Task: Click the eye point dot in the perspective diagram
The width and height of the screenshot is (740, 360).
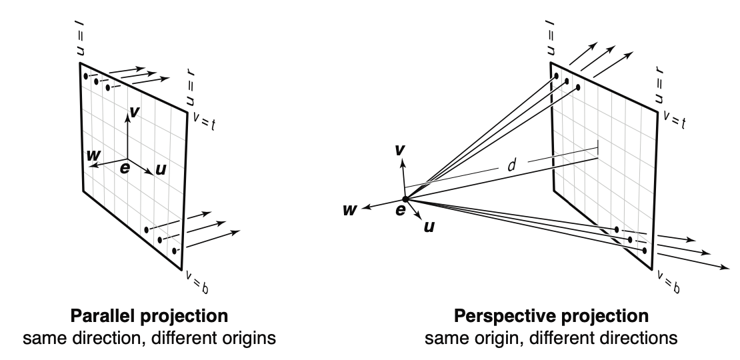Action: (x=405, y=199)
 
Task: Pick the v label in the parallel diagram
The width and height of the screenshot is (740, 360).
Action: (x=135, y=112)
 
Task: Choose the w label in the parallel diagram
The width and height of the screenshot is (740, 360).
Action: (x=93, y=155)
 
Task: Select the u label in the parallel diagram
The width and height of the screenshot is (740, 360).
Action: (x=160, y=170)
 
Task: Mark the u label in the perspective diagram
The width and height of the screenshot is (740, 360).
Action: (x=430, y=226)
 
